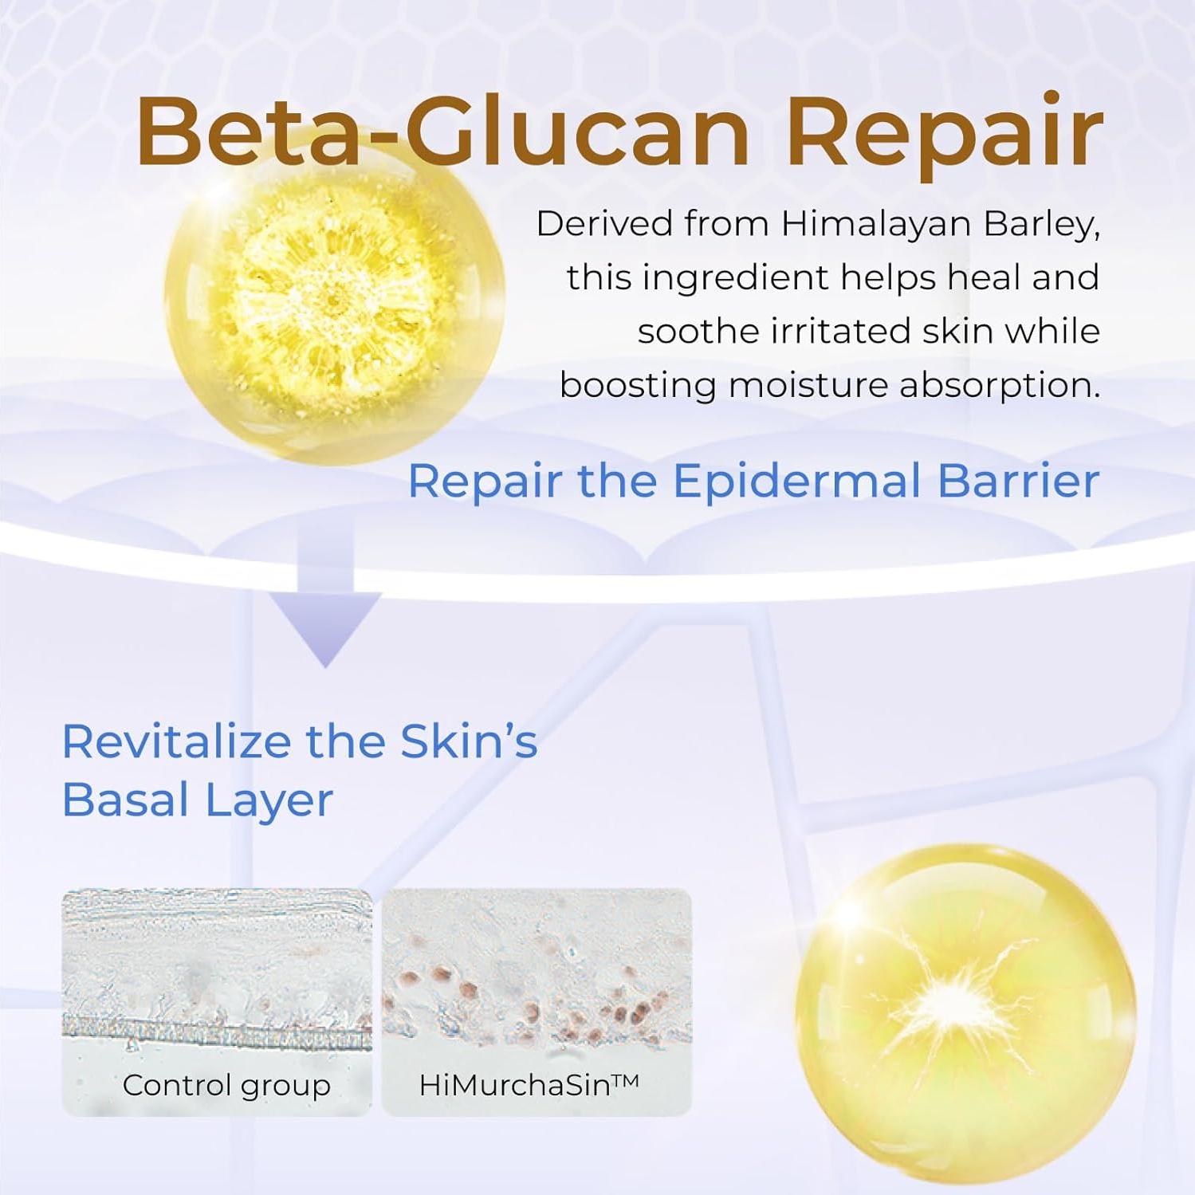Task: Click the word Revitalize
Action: coord(176,741)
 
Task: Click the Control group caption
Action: coord(226,1085)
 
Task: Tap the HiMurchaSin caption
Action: coord(515,1085)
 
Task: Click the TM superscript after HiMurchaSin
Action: coord(627,1080)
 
